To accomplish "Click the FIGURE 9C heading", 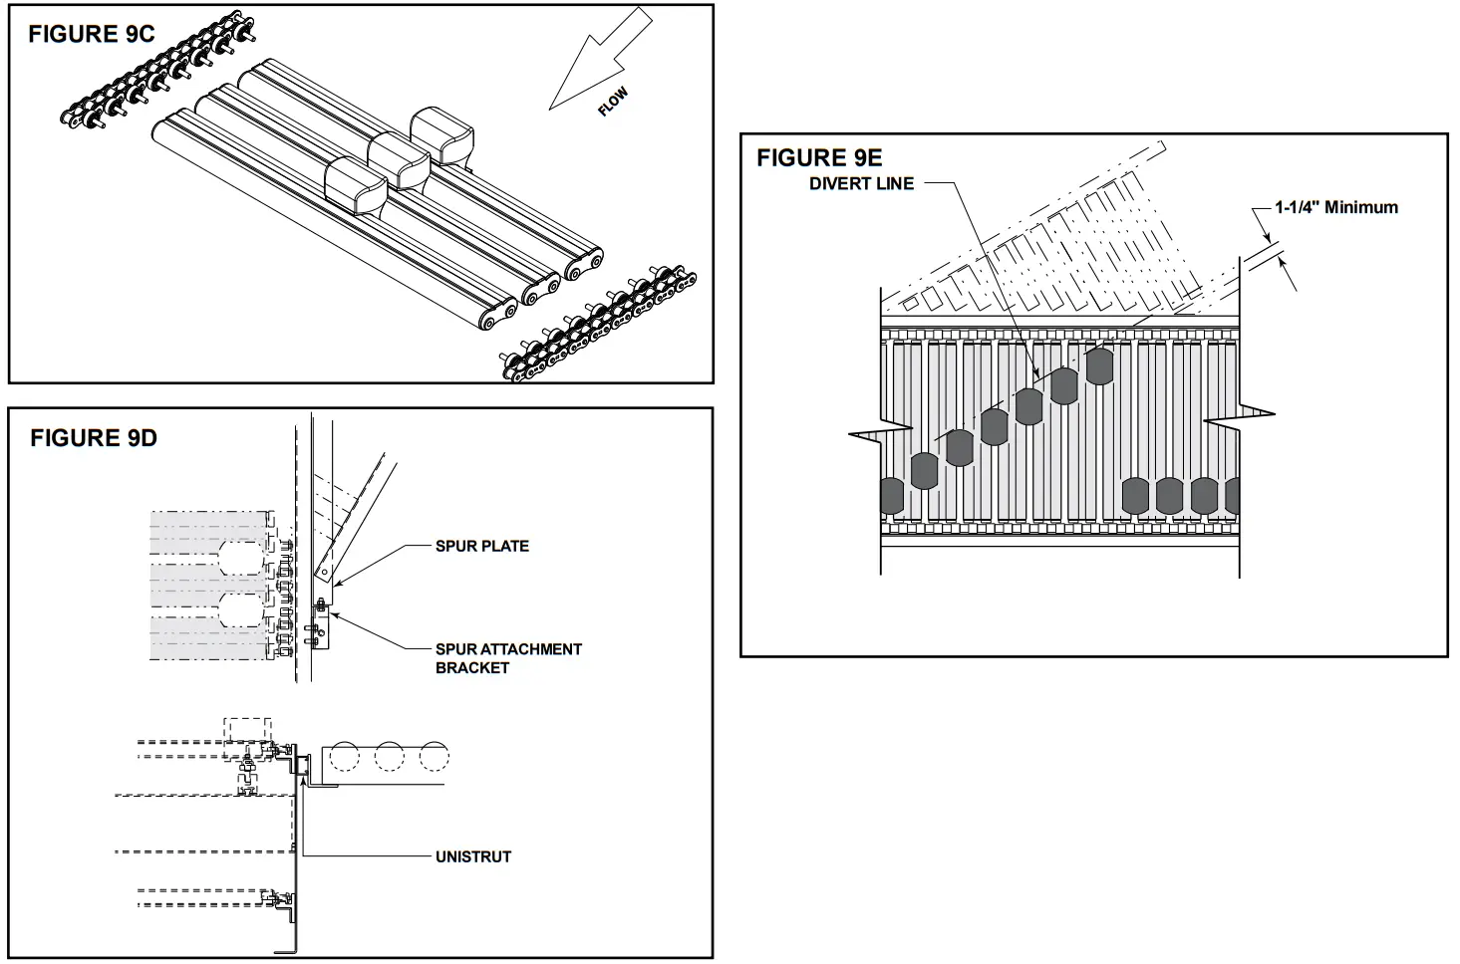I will pyautogui.click(x=91, y=35).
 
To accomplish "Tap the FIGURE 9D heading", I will pyautogui.click(x=93, y=438).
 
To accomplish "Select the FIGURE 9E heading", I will pyautogui.click(x=818, y=158).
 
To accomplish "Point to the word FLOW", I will pyautogui.click(x=613, y=103).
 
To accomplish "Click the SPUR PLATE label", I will pyautogui.click(x=481, y=546).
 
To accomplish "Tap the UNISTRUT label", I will pyautogui.click(x=472, y=856).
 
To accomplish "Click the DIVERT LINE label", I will pyautogui.click(x=861, y=184).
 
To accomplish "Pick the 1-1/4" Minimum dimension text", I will pyautogui.click(x=1335, y=207).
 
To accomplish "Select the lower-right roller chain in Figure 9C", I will pyautogui.click(x=599, y=323).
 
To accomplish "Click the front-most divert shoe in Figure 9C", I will pyautogui.click(x=356, y=183).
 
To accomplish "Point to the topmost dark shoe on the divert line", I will pyautogui.click(x=1098, y=366).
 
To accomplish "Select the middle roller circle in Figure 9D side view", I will pyautogui.click(x=389, y=757).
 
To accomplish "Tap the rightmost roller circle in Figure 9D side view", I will pyautogui.click(x=434, y=757).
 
